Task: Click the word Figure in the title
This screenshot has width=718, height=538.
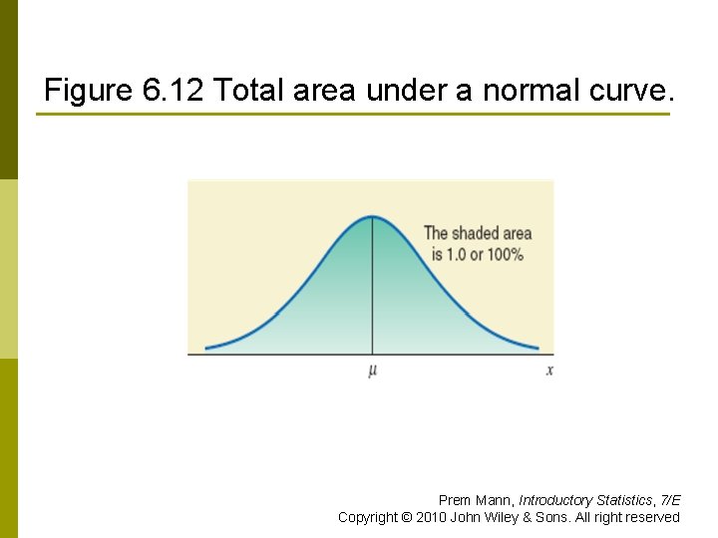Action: [x=87, y=92]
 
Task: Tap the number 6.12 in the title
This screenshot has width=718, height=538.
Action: [x=174, y=92]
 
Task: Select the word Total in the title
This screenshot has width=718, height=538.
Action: [x=249, y=92]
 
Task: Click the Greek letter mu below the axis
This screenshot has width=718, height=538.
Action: [x=373, y=371]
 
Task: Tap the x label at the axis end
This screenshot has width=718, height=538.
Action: [x=549, y=371]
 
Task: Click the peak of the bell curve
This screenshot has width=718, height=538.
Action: [x=373, y=216]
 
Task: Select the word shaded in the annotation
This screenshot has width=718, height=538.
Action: [x=475, y=234]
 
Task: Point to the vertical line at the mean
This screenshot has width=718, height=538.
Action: [x=373, y=289]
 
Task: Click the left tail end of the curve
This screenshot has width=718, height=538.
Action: [x=206, y=348]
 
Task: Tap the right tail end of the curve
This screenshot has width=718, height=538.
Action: [x=538, y=348]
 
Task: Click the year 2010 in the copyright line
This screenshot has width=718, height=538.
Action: [x=429, y=517]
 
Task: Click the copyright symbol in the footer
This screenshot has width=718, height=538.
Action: [x=405, y=517]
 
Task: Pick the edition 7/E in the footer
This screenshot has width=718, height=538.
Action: [x=670, y=500]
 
